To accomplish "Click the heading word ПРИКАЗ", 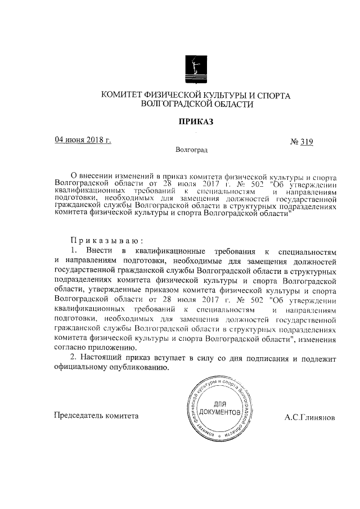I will pos(196,121).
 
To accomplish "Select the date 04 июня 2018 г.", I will pos(83,141).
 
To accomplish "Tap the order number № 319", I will pos(301,142).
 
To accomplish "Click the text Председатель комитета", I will pos(96,416).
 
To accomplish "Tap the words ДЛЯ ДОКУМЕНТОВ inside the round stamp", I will pos(220,409).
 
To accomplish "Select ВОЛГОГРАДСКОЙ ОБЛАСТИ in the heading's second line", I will pos(195,105).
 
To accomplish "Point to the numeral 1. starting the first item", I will pos(74,249).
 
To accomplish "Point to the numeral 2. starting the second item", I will pos(73,358).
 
